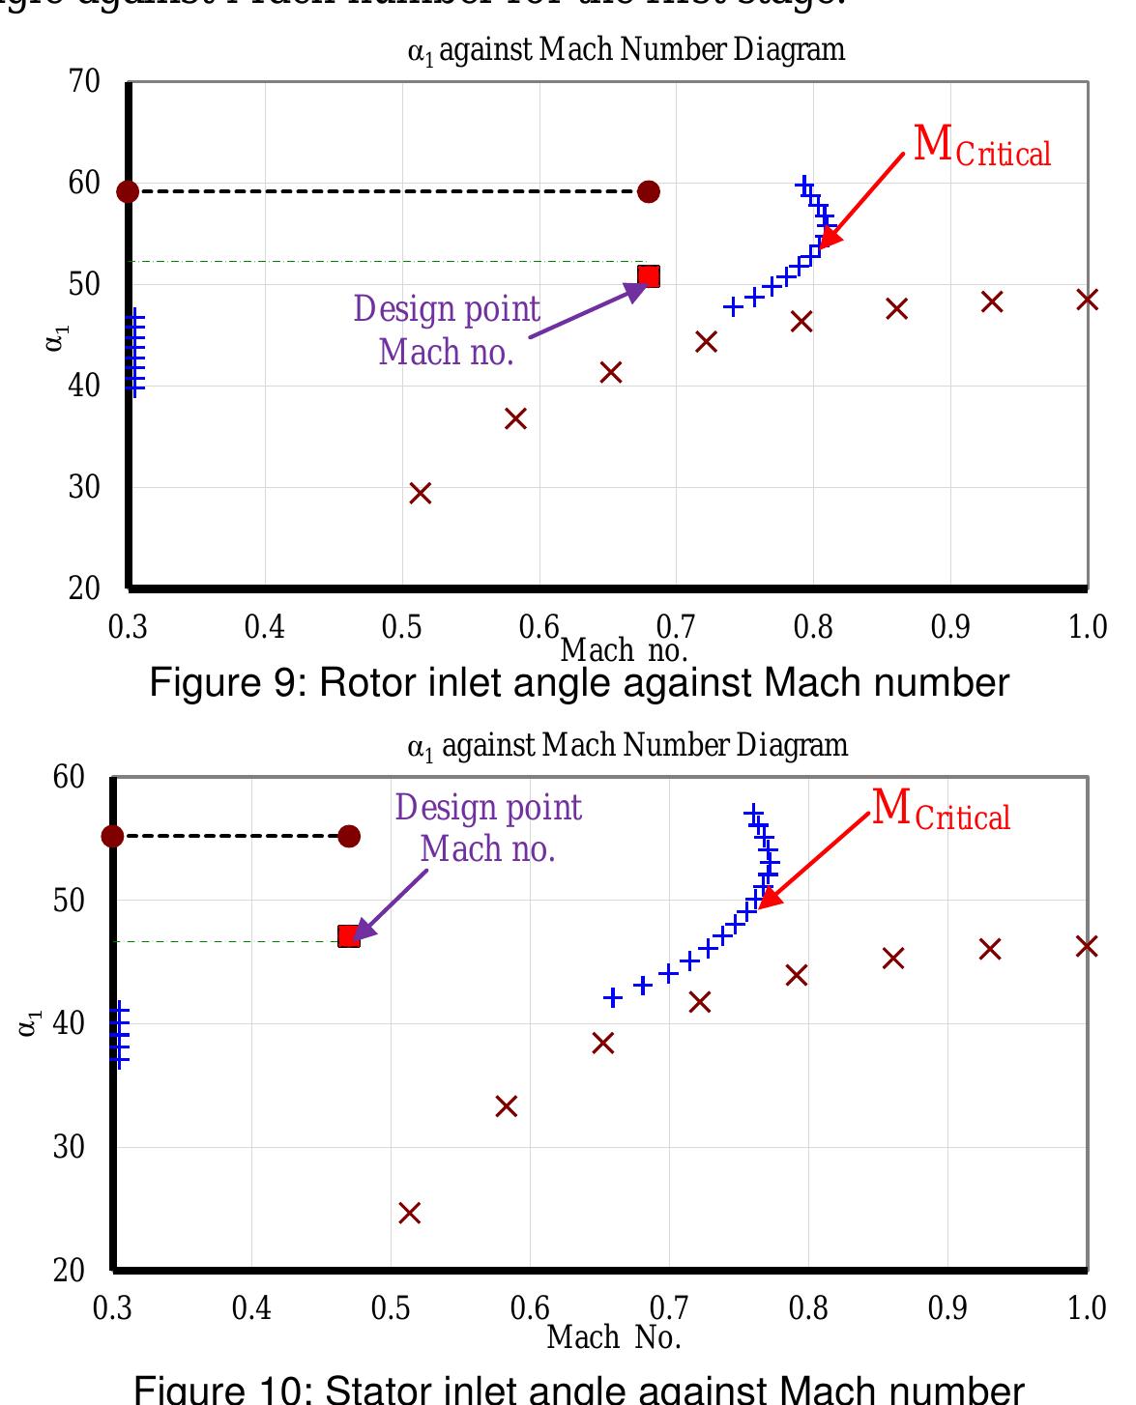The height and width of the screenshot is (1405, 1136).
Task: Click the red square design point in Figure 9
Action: click(x=649, y=276)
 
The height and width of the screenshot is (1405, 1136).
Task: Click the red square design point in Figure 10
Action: click(x=349, y=936)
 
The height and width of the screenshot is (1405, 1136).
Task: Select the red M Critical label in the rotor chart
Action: click(x=981, y=147)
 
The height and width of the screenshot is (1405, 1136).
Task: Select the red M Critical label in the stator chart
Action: click(x=941, y=811)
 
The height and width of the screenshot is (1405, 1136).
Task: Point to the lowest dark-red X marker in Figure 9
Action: click(x=420, y=494)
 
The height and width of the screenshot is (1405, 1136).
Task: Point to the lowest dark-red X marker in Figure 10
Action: click(x=410, y=1213)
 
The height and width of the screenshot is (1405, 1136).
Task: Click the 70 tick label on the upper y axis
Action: click(x=85, y=81)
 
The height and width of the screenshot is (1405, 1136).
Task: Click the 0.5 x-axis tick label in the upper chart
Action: click(x=401, y=627)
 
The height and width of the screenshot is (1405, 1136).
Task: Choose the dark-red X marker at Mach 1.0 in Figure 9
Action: click(x=1088, y=300)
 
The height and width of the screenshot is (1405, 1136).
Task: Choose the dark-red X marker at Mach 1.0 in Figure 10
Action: click(x=1087, y=946)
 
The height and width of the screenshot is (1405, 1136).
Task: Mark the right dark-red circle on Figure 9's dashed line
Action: click(x=649, y=191)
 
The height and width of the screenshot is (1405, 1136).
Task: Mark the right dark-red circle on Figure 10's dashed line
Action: click(x=349, y=836)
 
